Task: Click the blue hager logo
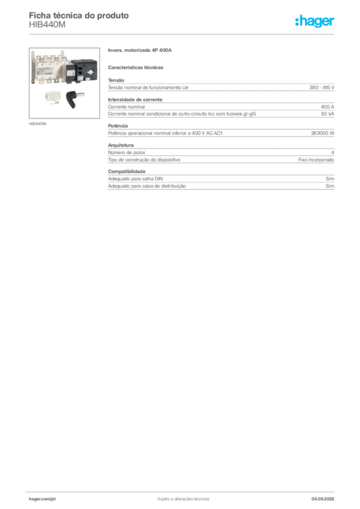315,22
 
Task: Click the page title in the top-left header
80,15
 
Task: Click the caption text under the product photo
38,123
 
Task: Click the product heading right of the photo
141,51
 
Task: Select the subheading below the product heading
137,67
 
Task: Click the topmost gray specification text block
221,87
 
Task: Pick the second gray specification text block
221,109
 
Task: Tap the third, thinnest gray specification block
221,133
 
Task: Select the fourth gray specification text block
221,157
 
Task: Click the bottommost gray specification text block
221,180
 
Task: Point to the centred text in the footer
182,497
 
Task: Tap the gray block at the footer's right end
326,496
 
